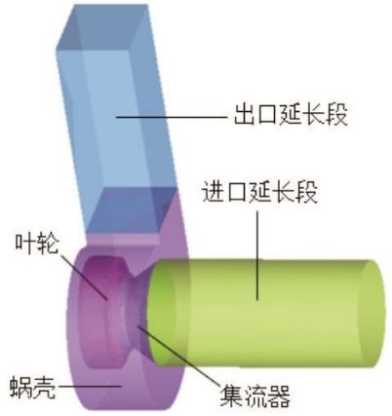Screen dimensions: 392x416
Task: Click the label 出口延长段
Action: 291,114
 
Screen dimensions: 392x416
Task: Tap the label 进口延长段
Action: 259,193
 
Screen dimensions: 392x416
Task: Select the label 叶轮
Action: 37,245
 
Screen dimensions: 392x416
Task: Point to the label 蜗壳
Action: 31,388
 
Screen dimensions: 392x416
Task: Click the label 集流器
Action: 255,396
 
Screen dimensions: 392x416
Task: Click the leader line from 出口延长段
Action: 172,116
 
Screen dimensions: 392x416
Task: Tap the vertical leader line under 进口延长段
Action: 257,255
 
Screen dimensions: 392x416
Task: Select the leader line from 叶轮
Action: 84,277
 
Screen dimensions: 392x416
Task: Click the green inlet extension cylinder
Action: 266,314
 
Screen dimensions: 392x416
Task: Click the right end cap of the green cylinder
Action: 372,314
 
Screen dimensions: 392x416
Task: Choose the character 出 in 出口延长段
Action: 245,115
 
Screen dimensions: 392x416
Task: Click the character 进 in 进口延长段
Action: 214,193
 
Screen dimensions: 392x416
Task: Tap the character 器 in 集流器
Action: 279,396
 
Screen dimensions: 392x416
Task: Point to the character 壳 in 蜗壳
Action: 43,388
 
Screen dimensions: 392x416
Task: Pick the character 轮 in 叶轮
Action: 48,245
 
